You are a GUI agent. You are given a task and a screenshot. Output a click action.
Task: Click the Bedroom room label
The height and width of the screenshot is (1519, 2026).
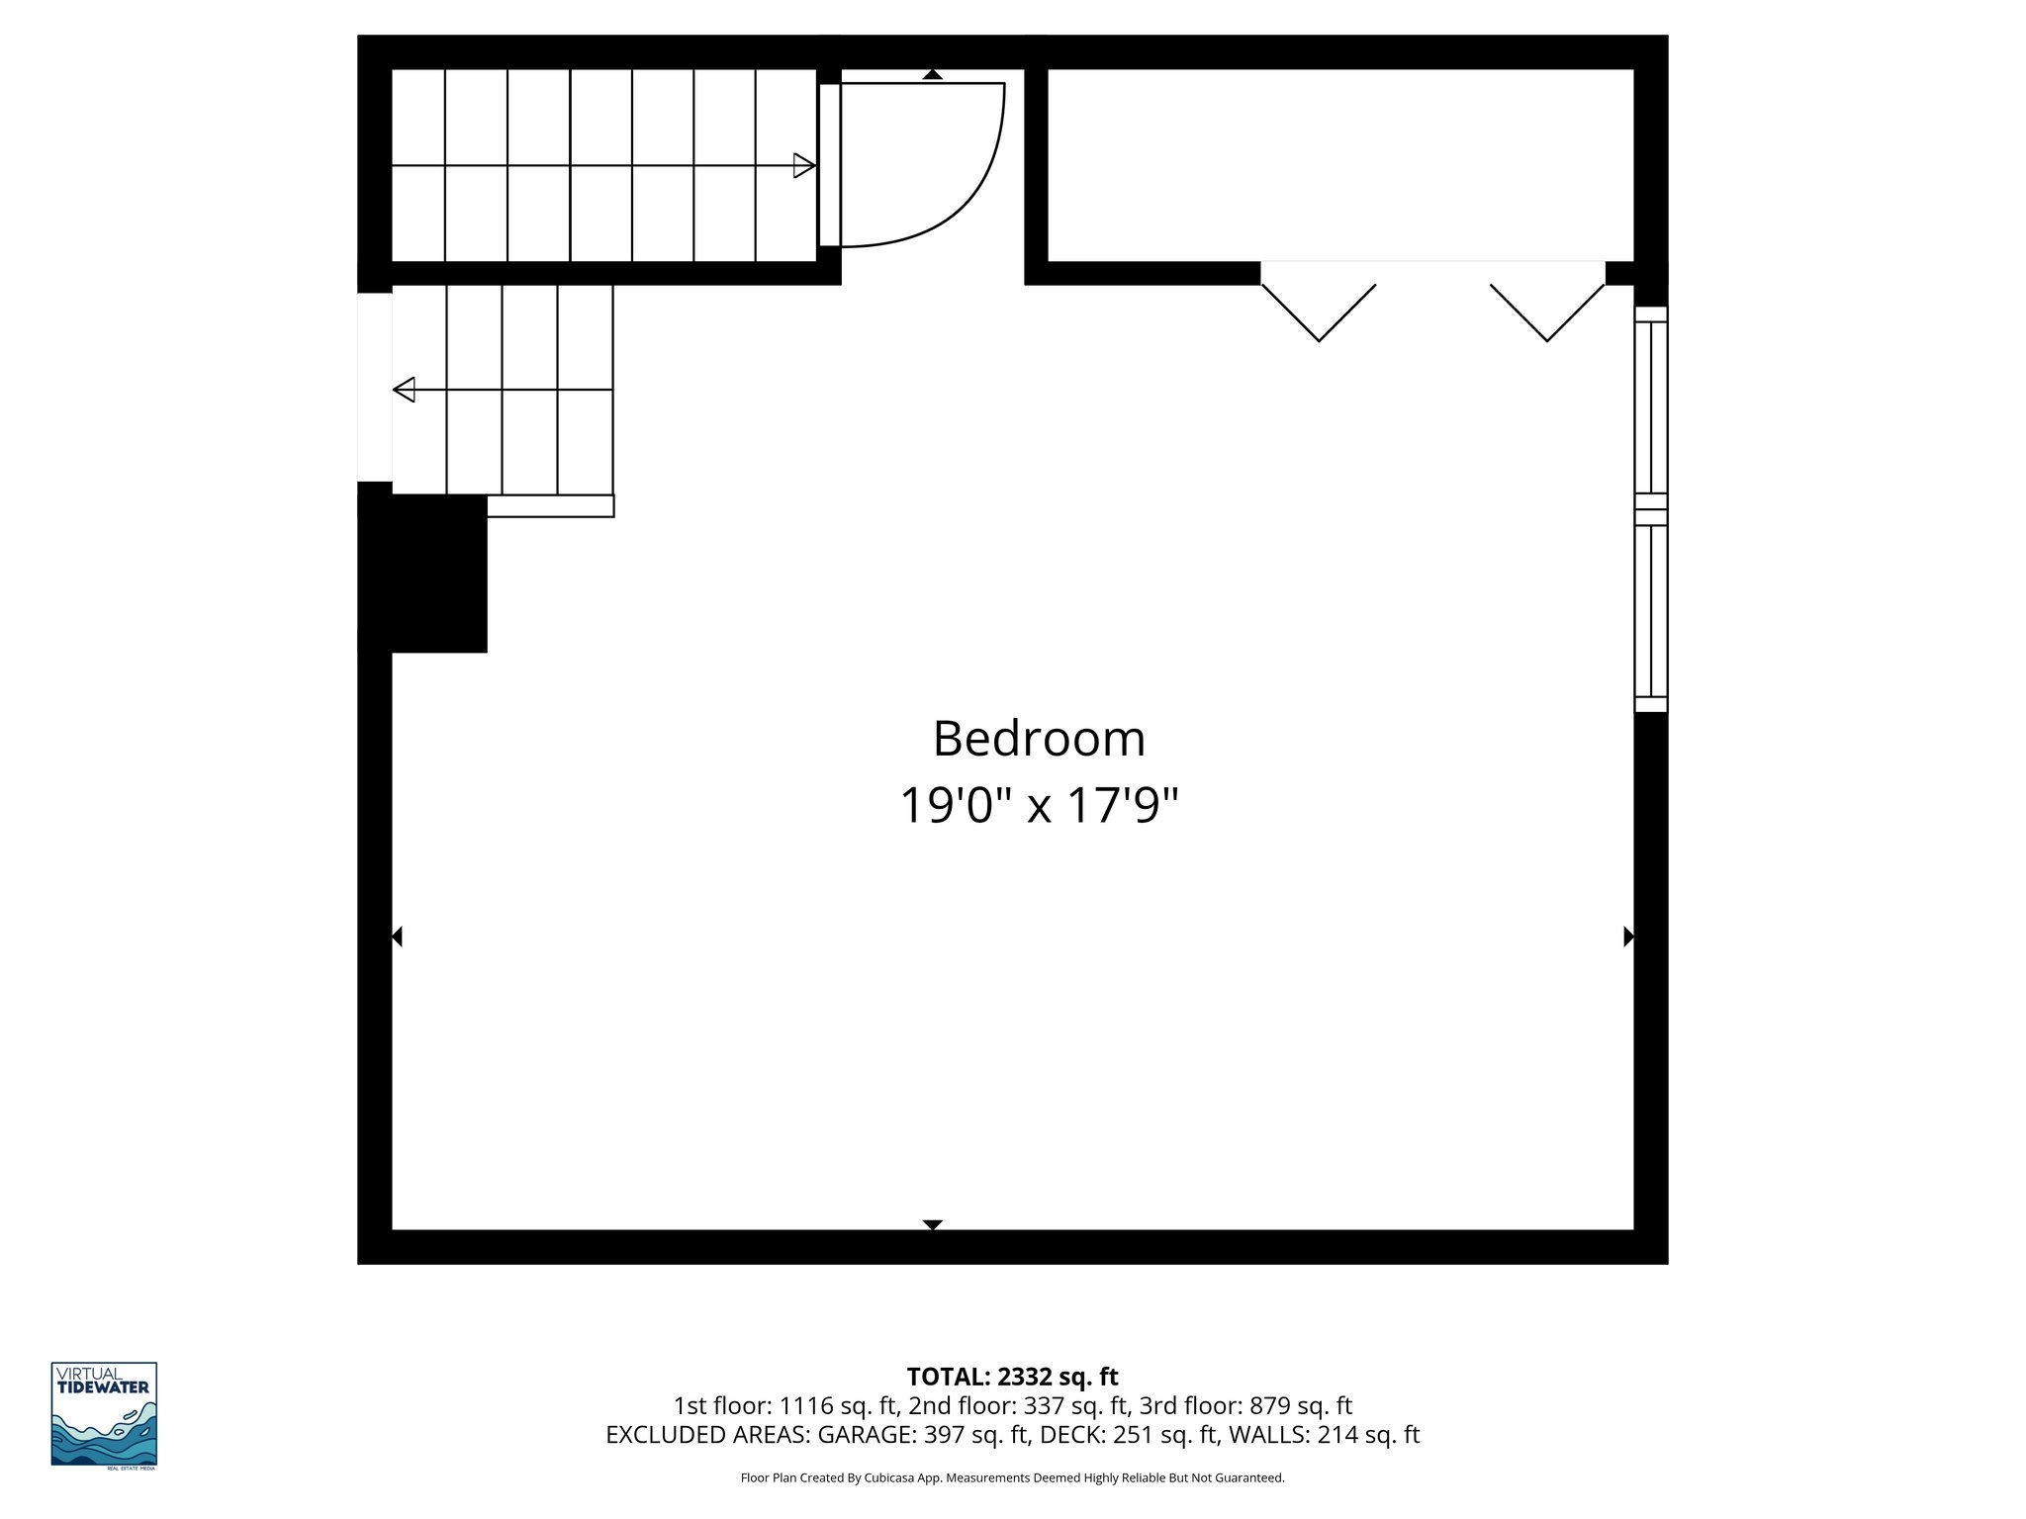1039,740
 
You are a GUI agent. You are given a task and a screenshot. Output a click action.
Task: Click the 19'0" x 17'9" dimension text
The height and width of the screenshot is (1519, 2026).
1039,806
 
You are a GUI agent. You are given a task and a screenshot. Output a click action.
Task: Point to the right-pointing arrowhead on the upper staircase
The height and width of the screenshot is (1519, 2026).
804,166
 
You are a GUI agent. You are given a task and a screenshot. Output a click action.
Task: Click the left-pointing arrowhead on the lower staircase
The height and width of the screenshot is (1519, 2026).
404,390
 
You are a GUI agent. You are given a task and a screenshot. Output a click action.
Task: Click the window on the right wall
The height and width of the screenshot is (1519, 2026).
1650,509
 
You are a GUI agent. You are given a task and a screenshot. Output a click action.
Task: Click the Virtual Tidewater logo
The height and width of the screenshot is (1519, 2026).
104,1414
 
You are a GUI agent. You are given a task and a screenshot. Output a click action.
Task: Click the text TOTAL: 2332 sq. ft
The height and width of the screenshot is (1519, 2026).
1012,1377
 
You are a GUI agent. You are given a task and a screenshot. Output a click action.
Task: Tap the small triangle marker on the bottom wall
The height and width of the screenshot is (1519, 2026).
932,1225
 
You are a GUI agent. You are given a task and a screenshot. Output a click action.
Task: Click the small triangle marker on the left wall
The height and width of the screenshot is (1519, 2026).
397,937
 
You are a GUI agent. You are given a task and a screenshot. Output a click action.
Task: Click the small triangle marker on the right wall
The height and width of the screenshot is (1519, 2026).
1628,937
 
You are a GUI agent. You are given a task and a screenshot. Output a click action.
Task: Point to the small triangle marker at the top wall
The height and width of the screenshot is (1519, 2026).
932,74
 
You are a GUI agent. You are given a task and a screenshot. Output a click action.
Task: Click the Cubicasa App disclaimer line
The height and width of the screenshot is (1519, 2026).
1012,1477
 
